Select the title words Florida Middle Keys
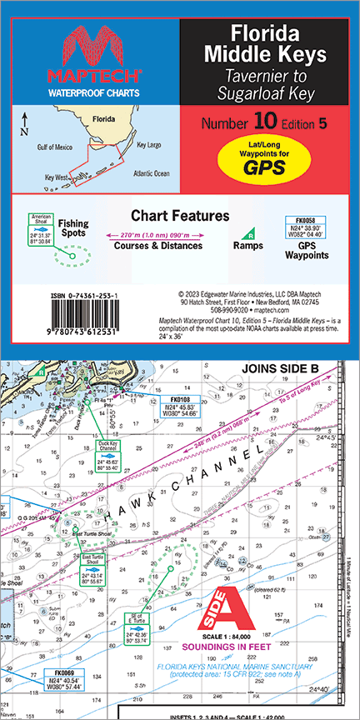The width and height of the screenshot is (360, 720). click(268, 46)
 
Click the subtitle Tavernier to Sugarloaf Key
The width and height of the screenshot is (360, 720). click(268, 86)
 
